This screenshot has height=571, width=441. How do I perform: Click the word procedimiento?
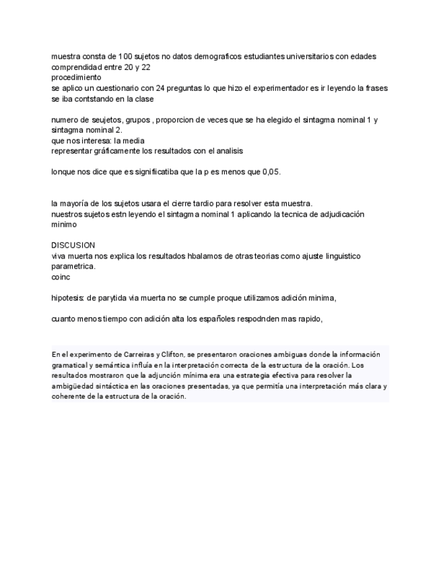pyautogui.click(x=76, y=77)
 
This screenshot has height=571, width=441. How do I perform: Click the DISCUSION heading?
pyautogui.click(x=73, y=245)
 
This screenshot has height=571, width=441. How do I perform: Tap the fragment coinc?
pyautogui.click(x=61, y=277)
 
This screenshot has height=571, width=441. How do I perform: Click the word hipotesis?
pyautogui.click(x=67, y=298)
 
